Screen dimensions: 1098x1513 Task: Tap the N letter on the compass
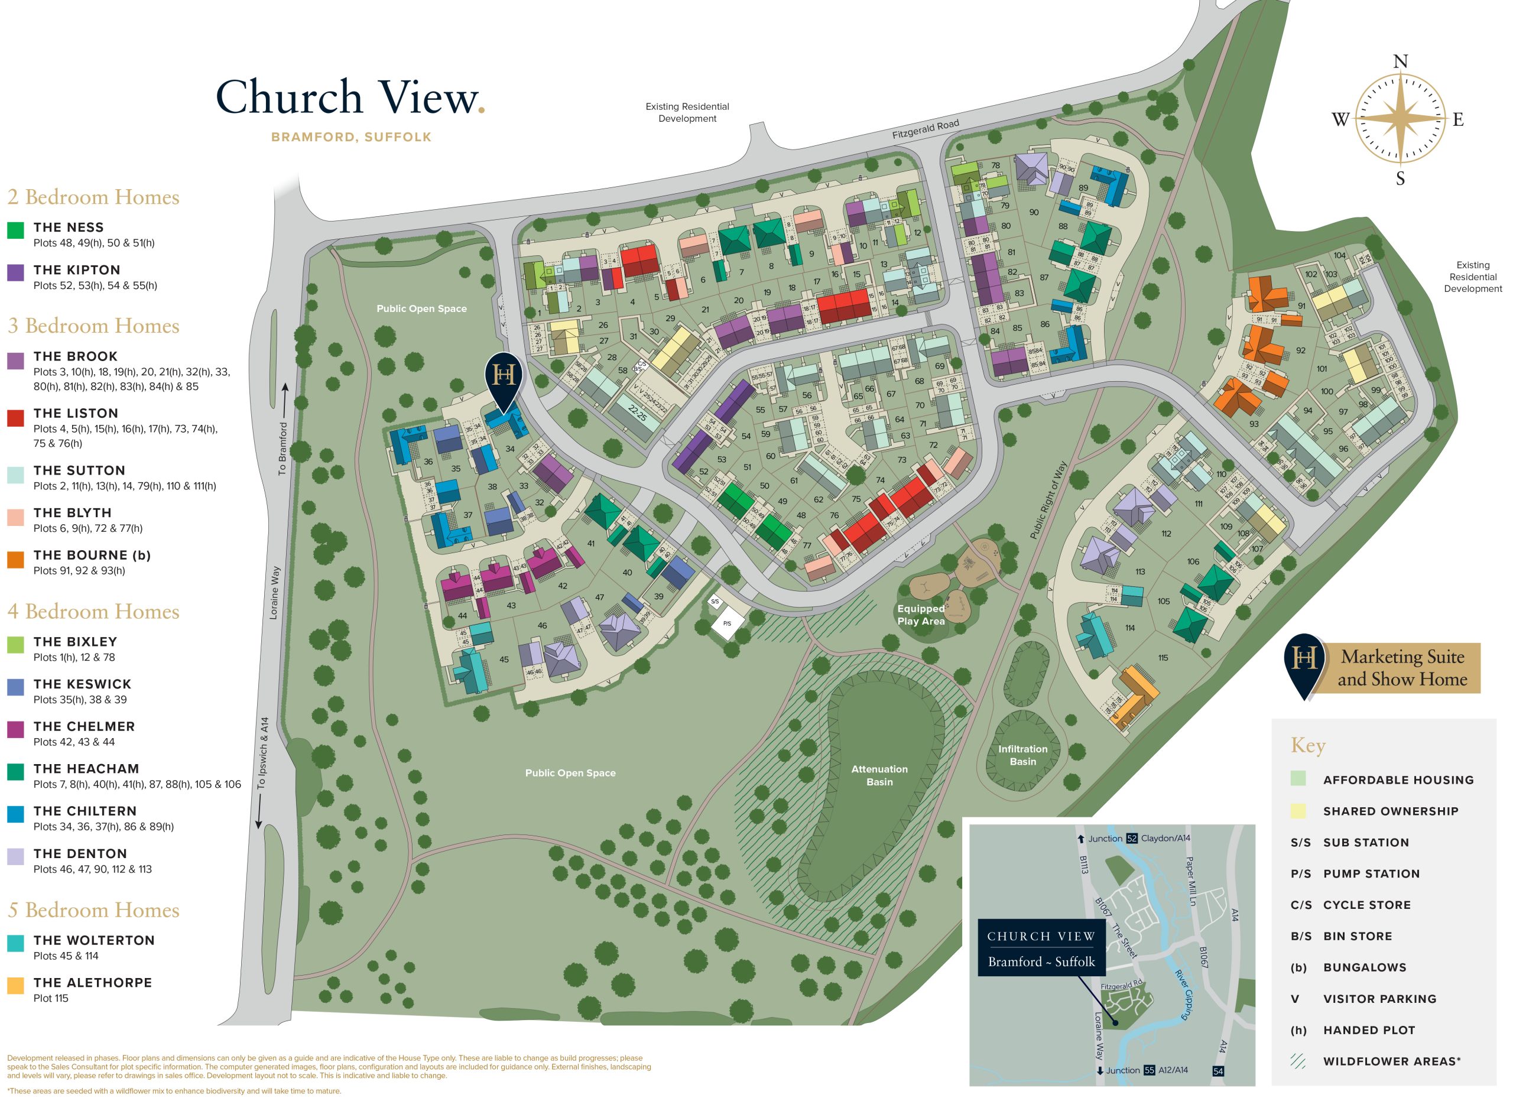tap(1400, 62)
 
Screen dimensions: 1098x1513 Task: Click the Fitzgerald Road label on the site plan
tap(926, 129)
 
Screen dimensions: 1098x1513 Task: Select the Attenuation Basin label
tap(879, 775)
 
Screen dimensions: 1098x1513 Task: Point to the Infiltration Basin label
tap(1022, 755)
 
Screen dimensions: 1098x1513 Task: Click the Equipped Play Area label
tap(921, 615)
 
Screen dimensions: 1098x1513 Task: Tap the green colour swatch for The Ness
tap(15, 230)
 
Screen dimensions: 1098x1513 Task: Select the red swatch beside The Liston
tap(15, 418)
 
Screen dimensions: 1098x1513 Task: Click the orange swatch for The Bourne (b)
tap(15, 560)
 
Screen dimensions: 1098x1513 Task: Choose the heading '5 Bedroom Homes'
tap(93, 910)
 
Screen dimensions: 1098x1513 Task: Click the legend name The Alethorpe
tap(93, 983)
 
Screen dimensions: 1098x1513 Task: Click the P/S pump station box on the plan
tap(726, 623)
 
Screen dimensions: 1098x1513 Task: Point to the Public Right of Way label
tap(1048, 501)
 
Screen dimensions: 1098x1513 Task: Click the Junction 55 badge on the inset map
tap(1149, 1070)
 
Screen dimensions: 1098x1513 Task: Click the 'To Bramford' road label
tap(283, 449)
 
